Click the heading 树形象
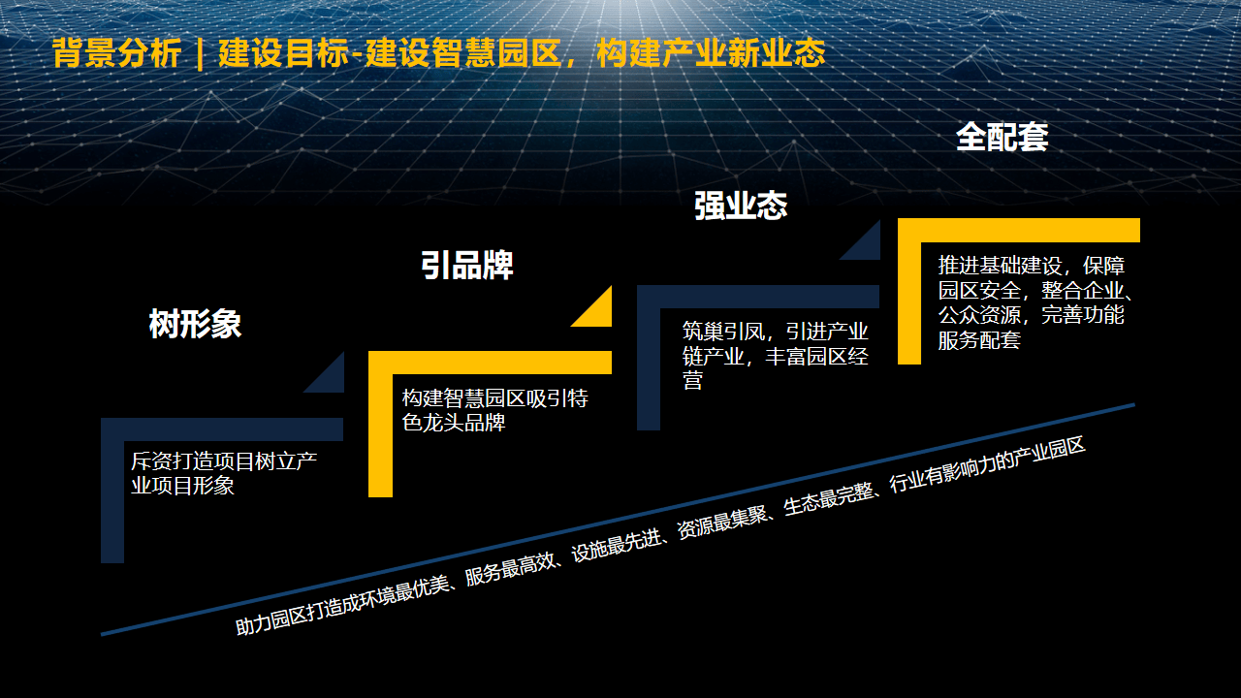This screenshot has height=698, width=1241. pyautogui.click(x=195, y=324)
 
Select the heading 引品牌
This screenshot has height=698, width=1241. pyautogui.click(x=467, y=265)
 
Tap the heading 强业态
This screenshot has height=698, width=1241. pyautogui.click(x=741, y=206)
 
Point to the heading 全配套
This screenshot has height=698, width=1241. pyautogui.click(x=1002, y=137)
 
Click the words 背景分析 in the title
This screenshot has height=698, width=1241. pyautogui.click(x=117, y=53)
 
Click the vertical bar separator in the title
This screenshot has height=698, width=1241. pyautogui.click(x=200, y=53)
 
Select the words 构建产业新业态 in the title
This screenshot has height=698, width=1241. pyautogui.click(x=711, y=53)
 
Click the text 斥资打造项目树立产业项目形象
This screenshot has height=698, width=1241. pyautogui.click(x=224, y=473)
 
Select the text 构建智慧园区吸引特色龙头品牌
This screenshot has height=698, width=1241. pyautogui.click(x=494, y=410)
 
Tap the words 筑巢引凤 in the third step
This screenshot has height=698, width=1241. pyautogui.click(x=723, y=332)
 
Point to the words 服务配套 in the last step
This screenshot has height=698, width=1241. pyautogui.click(x=979, y=340)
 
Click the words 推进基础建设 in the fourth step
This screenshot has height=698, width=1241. pyautogui.click(x=1000, y=266)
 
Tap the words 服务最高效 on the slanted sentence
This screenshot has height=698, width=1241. pyautogui.click(x=510, y=568)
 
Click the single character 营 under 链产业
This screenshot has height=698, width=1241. pyautogui.click(x=692, y=381)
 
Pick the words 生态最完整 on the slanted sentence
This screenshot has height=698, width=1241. pyautogui.click(x=828, y=499)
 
